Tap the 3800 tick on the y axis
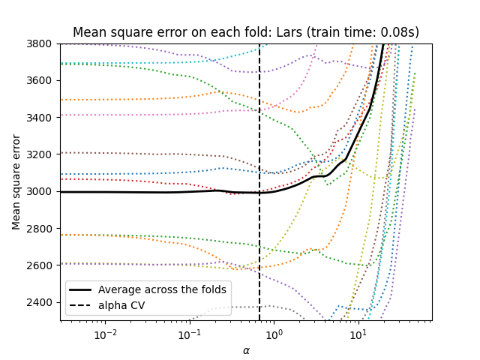tap(42, 43)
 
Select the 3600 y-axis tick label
tap(42, 80)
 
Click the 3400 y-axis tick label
tap(42, 118)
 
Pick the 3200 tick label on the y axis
tap(42, 154)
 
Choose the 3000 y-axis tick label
tap(42, 191)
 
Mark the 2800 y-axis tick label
tap(42, 229)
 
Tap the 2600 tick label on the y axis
tap(42, 265)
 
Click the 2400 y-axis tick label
tap(42, 302)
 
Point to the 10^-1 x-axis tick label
tap(190, 333)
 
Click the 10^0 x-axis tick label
tap(274, 333)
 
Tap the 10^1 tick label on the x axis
tap(358, 333)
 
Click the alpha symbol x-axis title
tap(246, 349)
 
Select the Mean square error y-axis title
tap(16, 182)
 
